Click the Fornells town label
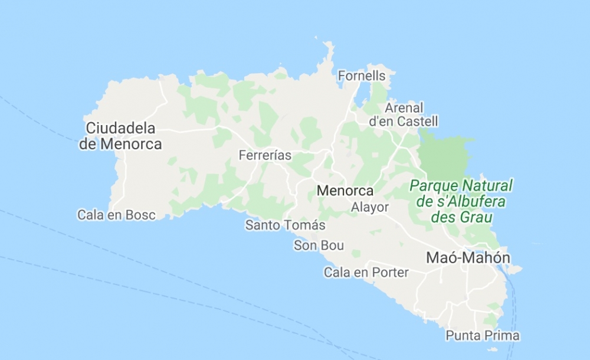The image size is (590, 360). (x=362, y=76)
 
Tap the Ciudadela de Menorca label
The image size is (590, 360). (x=120, y=136)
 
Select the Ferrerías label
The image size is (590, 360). (x=265, y=156)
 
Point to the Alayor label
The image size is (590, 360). (x=370, y=207)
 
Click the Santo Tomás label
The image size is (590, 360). (x=286, y=225)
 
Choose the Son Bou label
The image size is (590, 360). (x=319, y=246)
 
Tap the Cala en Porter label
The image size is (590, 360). (x=366, y=272)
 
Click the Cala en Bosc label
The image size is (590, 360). (x=117, y=215)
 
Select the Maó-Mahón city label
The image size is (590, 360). (x=468, y=258)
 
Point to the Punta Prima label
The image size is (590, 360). (x=483, y=336)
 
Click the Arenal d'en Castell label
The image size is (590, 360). (x=404, y=115)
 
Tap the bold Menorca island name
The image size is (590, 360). (x=345, y=191)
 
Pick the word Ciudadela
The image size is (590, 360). (x=120, y=128)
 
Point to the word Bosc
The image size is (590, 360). (x=140, y=215)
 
